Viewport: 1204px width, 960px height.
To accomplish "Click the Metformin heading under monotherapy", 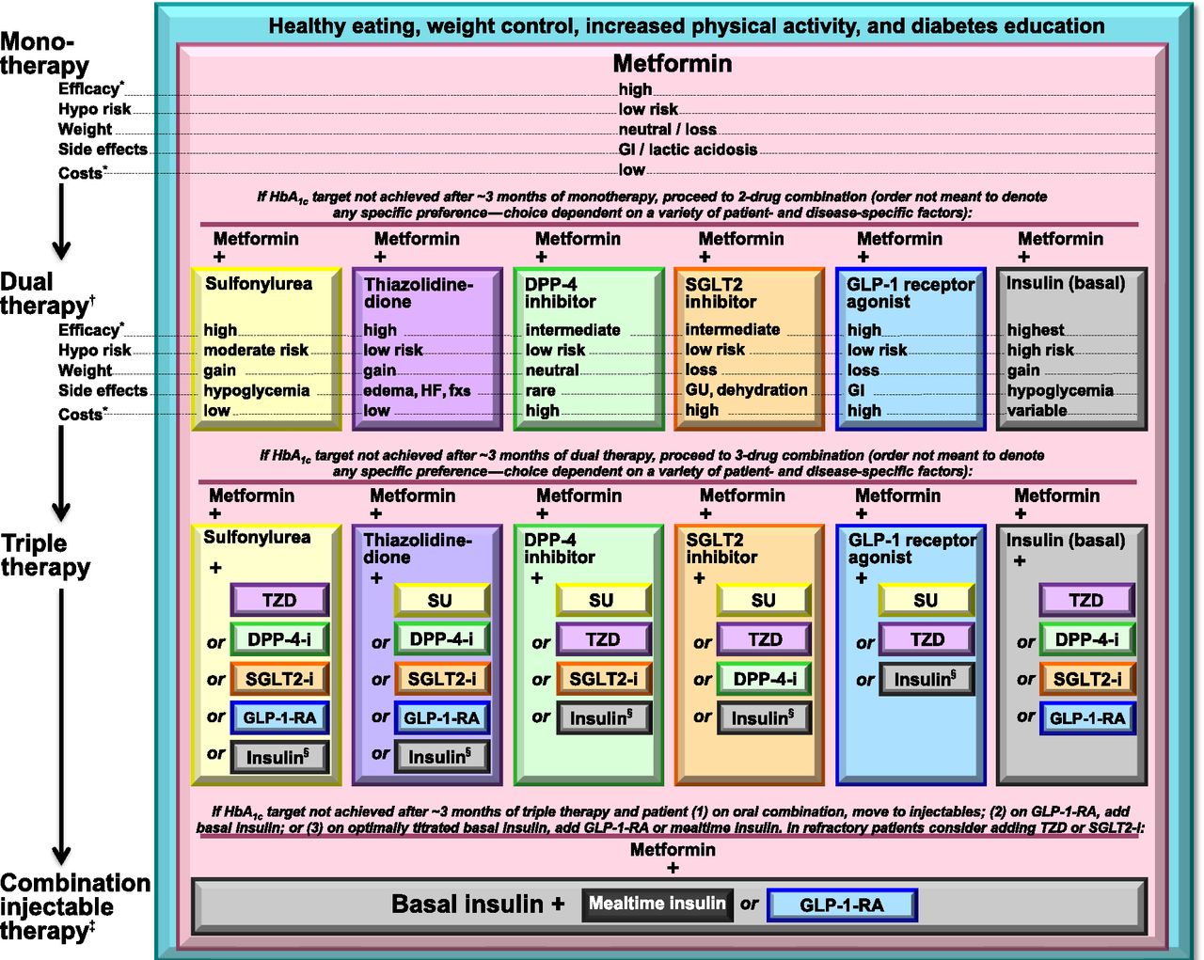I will click(x=672, y=64).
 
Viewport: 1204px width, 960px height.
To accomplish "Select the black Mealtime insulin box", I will click(x=657, y=905).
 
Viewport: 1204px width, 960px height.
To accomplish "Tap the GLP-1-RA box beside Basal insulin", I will click(x=841, y=905).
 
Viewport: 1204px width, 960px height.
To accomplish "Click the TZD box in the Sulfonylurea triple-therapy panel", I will click(x=279, y=600).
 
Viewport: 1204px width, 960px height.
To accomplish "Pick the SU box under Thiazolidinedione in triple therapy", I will click(x=440, y=601).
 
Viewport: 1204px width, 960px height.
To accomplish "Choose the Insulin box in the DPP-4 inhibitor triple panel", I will click(x=602, y=718).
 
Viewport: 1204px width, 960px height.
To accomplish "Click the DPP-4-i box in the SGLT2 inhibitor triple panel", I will click(x=764, y=679).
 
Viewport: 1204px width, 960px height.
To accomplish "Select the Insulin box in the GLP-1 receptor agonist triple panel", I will click(x=926, y=679).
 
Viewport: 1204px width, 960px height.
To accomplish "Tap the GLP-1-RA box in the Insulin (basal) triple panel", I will click(x=1086, y=718).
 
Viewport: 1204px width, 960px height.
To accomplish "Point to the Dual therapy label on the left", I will click(x=45, y=293).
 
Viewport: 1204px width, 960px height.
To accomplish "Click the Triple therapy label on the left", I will click(x=45, y=555).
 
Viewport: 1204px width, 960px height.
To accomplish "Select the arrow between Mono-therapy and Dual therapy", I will click(x=61, y=221).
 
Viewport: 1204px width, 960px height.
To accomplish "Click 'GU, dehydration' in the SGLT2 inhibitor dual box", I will click(x=746, y=390).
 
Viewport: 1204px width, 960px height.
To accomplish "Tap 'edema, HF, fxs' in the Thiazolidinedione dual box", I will click(x=417, y=390).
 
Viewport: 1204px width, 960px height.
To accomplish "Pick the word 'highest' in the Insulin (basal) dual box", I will click(x=1036, y=330).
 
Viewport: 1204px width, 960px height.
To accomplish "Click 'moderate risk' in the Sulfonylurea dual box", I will click(x=256, y=350).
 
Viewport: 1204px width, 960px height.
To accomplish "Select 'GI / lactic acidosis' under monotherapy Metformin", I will click(x=688, y=150).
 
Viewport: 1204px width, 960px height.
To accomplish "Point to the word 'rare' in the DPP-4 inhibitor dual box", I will click(x=540, y=390).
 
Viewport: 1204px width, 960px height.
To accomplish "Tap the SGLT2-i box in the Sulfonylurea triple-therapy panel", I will click(x=279, y=679).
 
